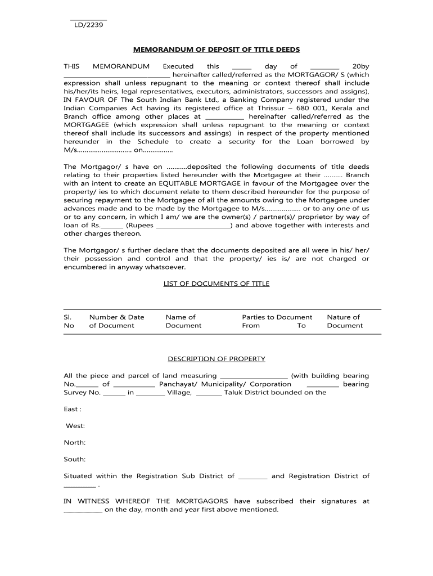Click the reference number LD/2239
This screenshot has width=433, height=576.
pyautogui.click(x=88, y=25)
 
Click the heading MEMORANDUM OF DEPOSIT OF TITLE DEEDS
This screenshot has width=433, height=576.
pyautogui.click(x=216, y=49)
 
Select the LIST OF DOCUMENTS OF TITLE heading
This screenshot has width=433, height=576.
pyautogui.click(x=216, y=283)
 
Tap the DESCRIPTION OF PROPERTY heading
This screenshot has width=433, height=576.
pyautogui.click(x=216, y=359)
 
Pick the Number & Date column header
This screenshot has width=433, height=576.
pyautogui.click(x=116, y=321)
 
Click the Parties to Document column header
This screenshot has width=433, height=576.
pyautogui.click(x=277, y=317)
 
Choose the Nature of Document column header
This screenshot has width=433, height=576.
pyautogui.click(x=344, y=321)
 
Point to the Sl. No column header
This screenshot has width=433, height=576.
pyautogui.click(x=69, y=321)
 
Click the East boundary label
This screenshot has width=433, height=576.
pyautogui.click(x=73, y=409)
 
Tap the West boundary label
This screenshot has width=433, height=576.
pyautogui.click(x=75, y=426)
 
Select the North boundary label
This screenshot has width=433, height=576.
pyautogui.click(x=75, y=443)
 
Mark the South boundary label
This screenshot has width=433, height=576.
pyautogui.click(x=75, y=460)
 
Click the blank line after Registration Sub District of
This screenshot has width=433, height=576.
pyautogui.click(x=253, y=477)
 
